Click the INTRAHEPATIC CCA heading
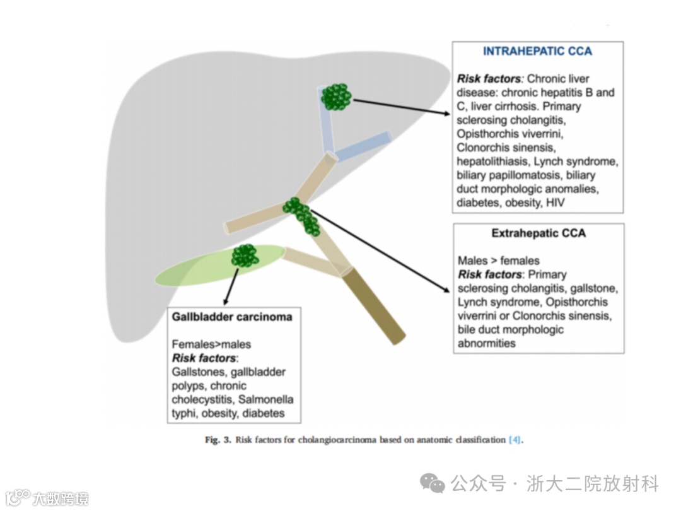[x=537, y=51]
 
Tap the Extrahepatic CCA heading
[x=538, y=233]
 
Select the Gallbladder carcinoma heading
[x=232, y=317]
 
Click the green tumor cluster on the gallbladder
[x=245, y=255]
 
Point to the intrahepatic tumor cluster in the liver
[x=336, y=97]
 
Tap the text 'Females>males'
[x=211, y=344]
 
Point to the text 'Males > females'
[x=498, y=261]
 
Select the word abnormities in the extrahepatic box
[x=486, y=343]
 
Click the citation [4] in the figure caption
[x=515, y=440]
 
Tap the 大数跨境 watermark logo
[x=47, y=498]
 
